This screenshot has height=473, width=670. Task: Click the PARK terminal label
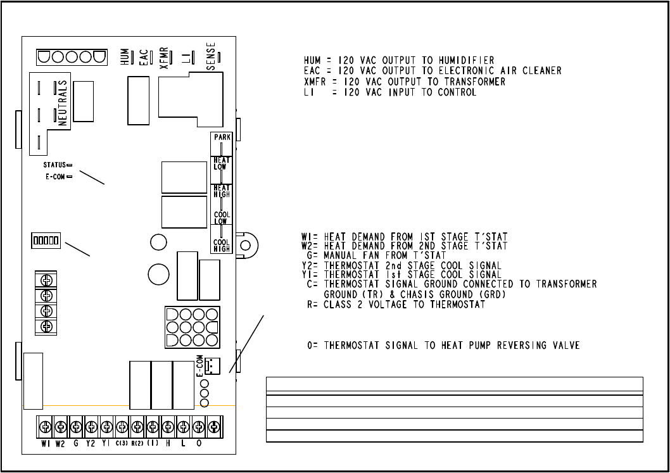pyautogui.click(x=222, y=137)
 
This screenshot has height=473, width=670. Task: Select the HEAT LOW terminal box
pyautogui.click(x=222, y=163)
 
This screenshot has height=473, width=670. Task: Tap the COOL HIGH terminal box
pyautogui.click(x=222, y=245)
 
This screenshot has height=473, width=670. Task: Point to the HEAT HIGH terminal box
pyautogui.click(x=222, y=191)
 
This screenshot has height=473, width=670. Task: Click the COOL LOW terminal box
pyautogui.click(x=222, y=218)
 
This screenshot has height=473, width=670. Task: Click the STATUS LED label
pyautogui.click(x=51, y=165)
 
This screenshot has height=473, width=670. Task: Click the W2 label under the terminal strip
pyautogui.click(x=60, y=444)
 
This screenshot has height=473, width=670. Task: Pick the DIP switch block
pyautogui.click(x=46, y=241)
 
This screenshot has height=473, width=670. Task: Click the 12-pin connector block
pyautogui.click(x=191, y=327)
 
